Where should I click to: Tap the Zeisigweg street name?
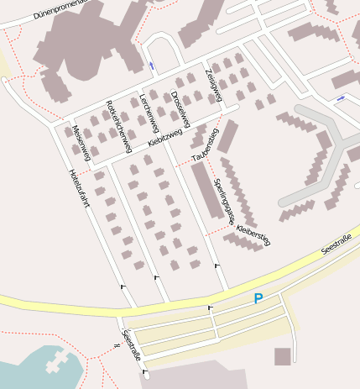tap(213, 86)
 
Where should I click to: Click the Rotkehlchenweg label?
tap(117, 126)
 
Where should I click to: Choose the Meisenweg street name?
tap(81, 140)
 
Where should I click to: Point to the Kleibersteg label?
tap(253, 234)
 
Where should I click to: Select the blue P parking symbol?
tap(258, 298)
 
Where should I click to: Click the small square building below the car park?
tap(283, 356)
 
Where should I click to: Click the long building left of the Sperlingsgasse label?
tap(204, 190)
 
